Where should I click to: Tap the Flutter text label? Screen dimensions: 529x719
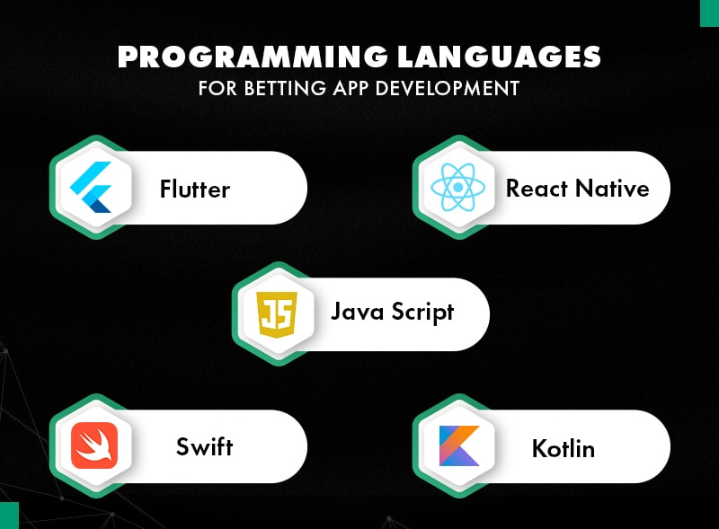(195, 190)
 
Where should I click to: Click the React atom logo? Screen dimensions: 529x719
(457, 189)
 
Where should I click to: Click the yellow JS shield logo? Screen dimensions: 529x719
(274, 314)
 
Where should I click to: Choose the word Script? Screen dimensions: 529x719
(422, 313)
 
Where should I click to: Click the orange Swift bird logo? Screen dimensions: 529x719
(93, 445)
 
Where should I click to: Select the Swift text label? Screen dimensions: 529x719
(205, 447)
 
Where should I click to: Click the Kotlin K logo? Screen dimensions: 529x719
(457, 446)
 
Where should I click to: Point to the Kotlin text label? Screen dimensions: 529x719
(564, 447)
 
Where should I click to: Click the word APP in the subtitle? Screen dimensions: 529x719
(352, 88)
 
